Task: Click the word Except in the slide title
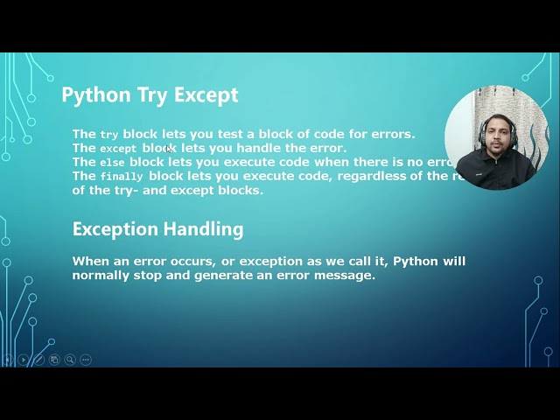tap(206, 95)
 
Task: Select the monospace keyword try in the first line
tap(108, 135)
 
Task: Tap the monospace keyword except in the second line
tap(118, 149)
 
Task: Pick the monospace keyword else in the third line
tap(112, 163)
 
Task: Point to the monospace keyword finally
tap(121, 177)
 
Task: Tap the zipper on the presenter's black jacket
tap(497, 175)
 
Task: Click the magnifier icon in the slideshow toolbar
tap(70, 360)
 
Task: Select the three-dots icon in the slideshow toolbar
tap(86, 360)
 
